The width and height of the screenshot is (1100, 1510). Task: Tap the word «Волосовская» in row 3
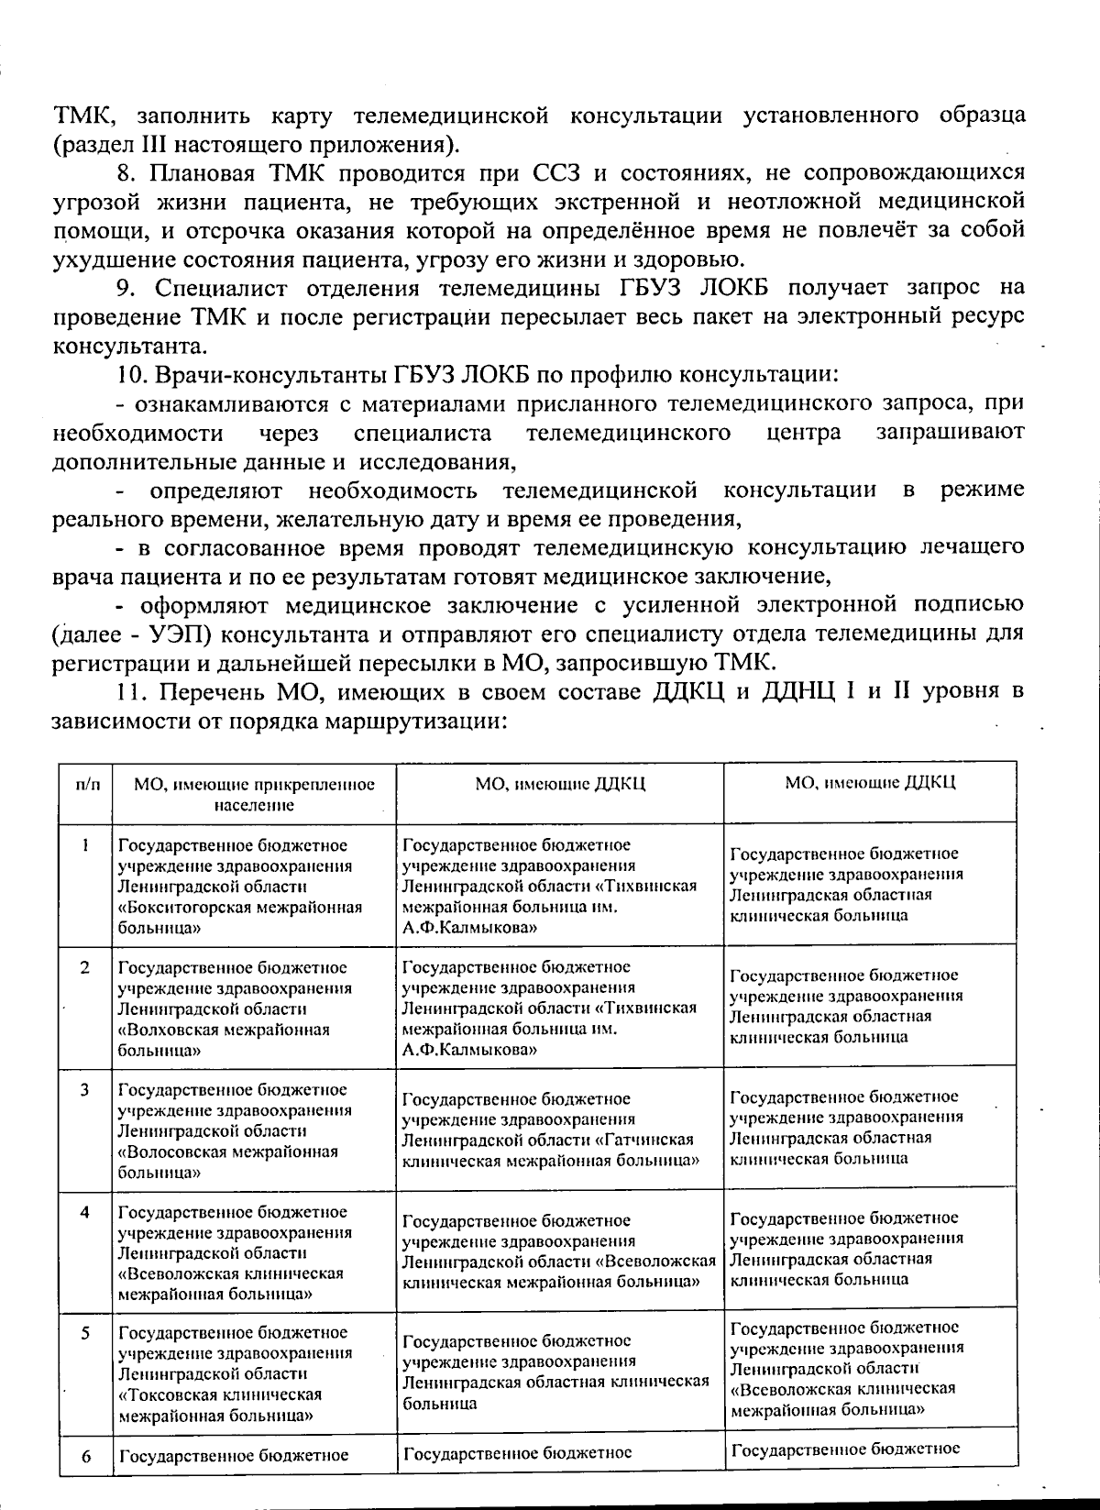click(170, 1151)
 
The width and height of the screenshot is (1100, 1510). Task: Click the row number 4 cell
click(84, 1212)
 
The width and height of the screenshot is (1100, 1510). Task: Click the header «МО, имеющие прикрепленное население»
click(255, 794)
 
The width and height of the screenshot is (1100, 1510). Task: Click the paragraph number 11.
click(131, 691)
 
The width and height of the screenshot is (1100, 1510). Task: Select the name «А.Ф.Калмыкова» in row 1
click(469, 928)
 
